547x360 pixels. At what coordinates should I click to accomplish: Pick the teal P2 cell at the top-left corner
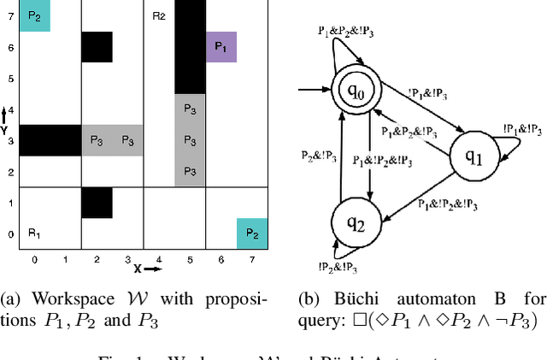pyautogui.click(x=34, y=15)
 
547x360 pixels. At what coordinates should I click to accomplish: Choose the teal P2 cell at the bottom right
pyautogui.click(x=252, y=233)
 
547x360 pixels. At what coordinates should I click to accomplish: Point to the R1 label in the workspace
pyautogui.click(x=34, y=233)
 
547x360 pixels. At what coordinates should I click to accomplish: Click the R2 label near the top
pyautogui.click(x=159, y=15)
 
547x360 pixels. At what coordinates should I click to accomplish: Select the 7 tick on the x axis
pyautogui.click(x=252, y=258)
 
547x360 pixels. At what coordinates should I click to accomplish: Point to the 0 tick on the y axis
pyautogui.click(x=9, y=233)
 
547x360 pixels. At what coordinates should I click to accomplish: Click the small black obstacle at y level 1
pyautogui.click(x=97, y=202)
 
